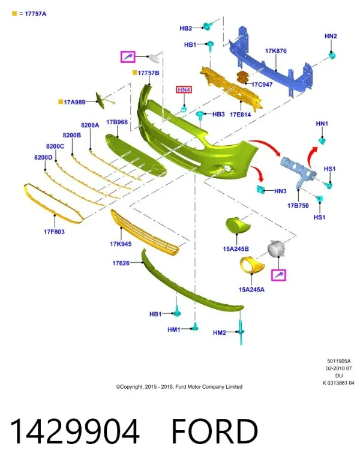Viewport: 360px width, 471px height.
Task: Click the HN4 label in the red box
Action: click(184, 89)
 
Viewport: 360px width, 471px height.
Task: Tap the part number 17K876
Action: click(275, 51)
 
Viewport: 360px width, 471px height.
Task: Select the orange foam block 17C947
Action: click(243, 77)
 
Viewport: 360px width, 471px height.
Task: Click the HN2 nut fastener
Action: click(332, 55)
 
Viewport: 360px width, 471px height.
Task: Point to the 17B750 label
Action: click(298, 205)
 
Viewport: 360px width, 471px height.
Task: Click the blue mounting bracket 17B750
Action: click(298, 172)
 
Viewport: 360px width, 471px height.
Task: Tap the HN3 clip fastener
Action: click(260, 189)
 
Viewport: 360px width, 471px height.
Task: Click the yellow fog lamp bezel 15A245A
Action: click(252, 265)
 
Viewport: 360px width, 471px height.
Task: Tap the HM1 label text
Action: click(173, 329)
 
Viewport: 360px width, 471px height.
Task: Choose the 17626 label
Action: click(121, 263)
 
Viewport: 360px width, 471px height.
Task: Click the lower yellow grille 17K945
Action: click(144, 232)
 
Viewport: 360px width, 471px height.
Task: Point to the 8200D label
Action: click(43, 157)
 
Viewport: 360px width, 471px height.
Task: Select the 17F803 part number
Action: click(54, 232)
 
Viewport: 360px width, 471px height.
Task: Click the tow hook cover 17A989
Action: click(101, 101)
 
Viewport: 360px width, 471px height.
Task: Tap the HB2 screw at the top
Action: click(207, 26)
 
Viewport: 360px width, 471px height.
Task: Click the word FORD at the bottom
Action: click(215, 431)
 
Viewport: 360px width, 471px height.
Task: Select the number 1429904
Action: click(75, 431)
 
